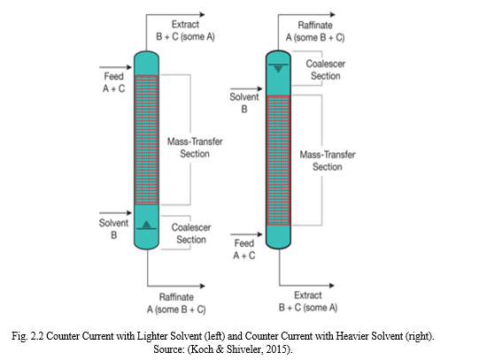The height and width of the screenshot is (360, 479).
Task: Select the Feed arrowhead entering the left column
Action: [129, 67]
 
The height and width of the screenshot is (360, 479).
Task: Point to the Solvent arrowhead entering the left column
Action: [129, 213]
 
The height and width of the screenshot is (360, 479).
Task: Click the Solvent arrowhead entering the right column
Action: [259, 88]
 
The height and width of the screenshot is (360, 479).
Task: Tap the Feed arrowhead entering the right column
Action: [259, 234]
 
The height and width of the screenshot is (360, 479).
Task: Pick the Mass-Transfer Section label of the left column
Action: [195, 148]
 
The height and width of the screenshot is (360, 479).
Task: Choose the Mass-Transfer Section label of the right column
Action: [328, 161]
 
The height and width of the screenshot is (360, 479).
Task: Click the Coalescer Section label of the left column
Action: [191, 234]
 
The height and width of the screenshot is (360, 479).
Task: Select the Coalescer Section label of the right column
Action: [326, 70]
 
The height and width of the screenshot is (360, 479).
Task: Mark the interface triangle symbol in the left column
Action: [146, 225]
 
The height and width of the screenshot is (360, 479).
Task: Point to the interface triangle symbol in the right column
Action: [278, 69]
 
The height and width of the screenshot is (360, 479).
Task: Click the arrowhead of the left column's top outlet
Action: [202, 14]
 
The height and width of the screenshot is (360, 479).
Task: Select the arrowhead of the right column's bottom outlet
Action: [331, 285]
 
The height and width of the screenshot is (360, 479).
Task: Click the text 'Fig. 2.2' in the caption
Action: [27, 336]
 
